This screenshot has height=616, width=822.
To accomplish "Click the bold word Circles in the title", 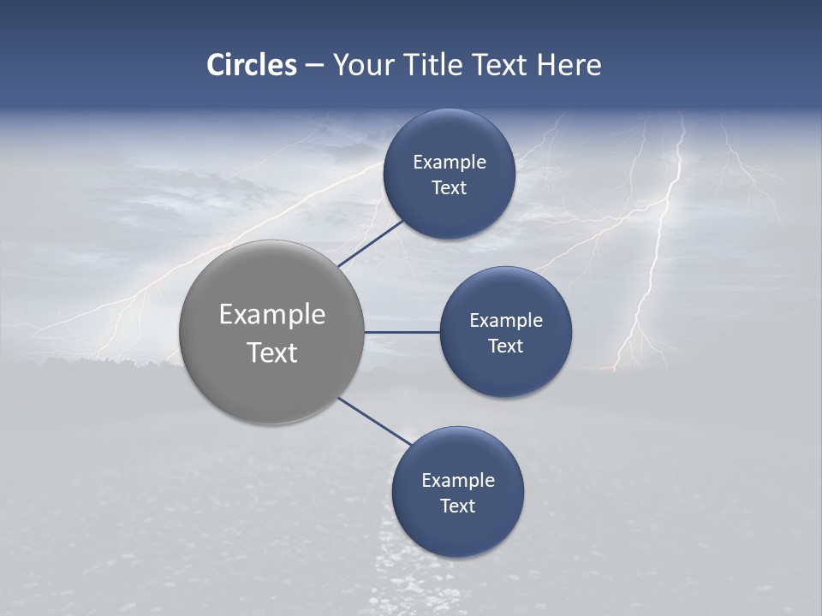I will [251, 65].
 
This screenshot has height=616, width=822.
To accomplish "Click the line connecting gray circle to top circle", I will [372, 243].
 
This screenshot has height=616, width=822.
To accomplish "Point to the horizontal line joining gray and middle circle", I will [402, 332].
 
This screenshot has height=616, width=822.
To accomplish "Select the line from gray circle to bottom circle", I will [374, 422].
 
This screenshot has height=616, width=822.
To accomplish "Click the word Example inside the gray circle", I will [272, 315].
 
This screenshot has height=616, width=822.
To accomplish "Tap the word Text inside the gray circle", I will [272, 352].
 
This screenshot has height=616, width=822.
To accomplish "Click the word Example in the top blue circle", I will [449, 163].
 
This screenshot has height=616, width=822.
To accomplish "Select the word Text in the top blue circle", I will [449, 188].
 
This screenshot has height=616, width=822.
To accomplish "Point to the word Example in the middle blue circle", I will [505, 321].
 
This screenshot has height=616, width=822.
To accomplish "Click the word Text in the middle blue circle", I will [505, 346].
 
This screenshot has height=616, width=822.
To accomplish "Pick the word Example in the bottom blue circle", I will [457, 481].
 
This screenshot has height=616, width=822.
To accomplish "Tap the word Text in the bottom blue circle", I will [457, 506].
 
